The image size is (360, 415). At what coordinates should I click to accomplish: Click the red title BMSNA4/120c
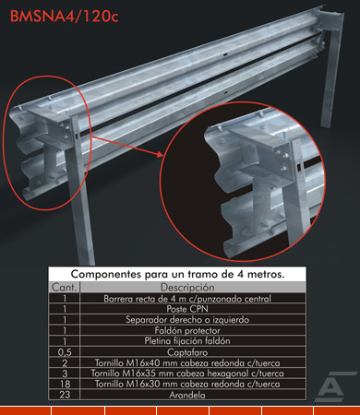tap(64, 17)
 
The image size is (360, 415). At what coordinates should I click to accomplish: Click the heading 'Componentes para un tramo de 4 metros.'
tap(177, 274)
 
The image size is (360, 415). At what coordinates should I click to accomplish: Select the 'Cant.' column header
tap(64, 287)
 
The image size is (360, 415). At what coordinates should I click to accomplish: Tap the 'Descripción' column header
tap(187, 287)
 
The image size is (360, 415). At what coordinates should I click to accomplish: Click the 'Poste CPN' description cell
tap(187, 309)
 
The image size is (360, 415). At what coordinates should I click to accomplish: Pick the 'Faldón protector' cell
tap(187, 330)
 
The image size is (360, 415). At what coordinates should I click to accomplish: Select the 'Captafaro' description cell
tap(187, 352)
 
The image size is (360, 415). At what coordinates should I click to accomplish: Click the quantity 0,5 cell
tap(65, 352)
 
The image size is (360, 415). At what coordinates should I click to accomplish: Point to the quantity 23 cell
tap(65, 395)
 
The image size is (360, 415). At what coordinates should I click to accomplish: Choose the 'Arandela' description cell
tap(187, 395)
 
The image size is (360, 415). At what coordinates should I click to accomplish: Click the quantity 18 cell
tap(65, 384)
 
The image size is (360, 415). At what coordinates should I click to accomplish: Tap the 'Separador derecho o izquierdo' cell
tap(187, 320)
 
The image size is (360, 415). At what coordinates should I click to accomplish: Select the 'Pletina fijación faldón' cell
tap(187, 341)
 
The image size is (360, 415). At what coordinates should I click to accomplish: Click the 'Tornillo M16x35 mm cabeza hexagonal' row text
tap(187, 373)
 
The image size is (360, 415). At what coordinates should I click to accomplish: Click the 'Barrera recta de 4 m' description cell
tap(187, 299)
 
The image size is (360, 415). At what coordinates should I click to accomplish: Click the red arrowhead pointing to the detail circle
tap(160, 154)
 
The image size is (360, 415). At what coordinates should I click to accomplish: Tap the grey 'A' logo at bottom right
tap(335, 386)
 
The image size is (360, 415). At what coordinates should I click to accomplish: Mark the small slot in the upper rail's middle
tap(225, 55)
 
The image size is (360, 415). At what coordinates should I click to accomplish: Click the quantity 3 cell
tap(65, 373)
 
